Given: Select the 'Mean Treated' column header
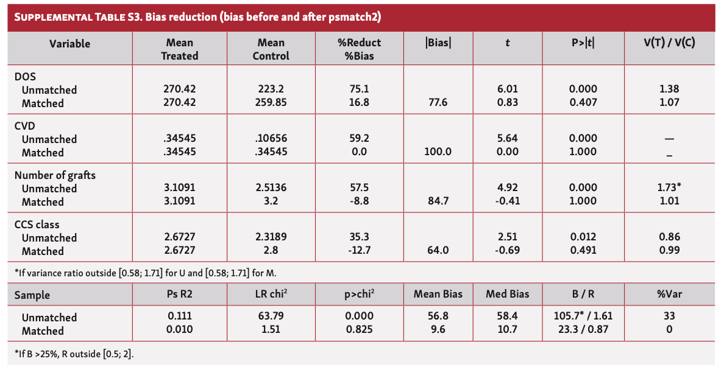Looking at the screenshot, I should (x=179, y=49).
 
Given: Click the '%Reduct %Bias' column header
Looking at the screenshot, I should (x=360, y=49).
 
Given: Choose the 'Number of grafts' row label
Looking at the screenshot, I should (x=55, y=175).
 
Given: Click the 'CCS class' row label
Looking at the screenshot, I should (x=37, y=225).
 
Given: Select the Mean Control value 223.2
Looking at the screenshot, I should (x=271, y=89).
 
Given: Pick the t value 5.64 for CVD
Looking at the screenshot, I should (x=507, y=139).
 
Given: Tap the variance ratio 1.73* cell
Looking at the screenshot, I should (x=669, y=189).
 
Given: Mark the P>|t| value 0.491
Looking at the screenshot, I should (x=583, y=251).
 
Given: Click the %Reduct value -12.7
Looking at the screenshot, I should (x=358, y=251).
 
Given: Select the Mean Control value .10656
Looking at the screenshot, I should (x=271, y=139).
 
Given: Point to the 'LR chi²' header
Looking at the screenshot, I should (x=271, y=295).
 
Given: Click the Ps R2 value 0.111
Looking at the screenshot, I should (x=179, y=317).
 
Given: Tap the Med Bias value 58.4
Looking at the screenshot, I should (x=507, y=317).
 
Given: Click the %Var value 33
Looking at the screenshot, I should (x=669, y=317).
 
